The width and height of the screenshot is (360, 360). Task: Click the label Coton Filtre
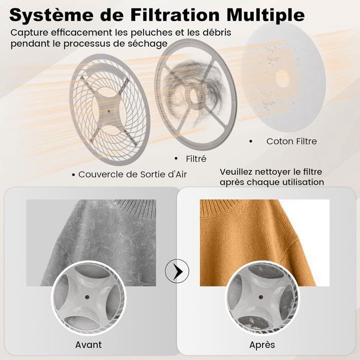point(292,141)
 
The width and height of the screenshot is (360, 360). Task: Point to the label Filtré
point(197,158)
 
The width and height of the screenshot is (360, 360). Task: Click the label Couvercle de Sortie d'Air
point(133,174)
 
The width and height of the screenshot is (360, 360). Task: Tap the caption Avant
point(88,344)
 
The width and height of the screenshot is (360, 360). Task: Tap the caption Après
point(262,344)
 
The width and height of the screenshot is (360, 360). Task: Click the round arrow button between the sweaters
point(177,271)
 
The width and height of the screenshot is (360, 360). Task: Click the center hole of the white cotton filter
point(282,79)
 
